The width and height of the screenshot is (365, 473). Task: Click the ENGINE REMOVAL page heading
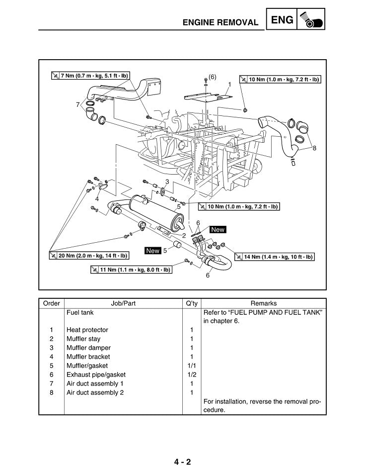pyautogui.click(x=220, y=22)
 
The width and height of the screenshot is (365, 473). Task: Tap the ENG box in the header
pyautogui.click(x=282, y=19)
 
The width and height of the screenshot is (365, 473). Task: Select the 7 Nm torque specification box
pyautogui.click(x=91, y=76)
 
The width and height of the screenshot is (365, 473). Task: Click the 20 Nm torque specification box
pyautogui.click(x=89, y=256)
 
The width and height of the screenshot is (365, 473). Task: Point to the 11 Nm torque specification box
pyautogui.click(x=131, y=270)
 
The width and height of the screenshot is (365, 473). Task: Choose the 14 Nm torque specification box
pyautogui.click(x=274, y=257)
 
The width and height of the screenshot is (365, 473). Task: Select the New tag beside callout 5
pyautogui.click(x=152, y=251)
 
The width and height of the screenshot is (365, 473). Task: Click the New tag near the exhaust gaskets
pyautogui.click(x=218, y=230)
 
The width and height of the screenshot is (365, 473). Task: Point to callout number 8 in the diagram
pyautogui.click(x=314, y=148)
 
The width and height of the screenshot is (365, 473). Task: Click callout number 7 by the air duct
pyautogui.click(x=77, y=104)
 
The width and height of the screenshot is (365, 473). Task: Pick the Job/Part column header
pyautogui.click(x=123, y=303)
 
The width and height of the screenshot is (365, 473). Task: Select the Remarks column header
pyautogui.click(x=264, y=303)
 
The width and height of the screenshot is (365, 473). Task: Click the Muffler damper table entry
pyautogui.click(x=88, y=348)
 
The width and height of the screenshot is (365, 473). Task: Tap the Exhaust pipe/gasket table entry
pyautogui.click(x=96, y=375)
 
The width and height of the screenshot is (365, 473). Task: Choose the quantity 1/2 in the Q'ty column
pyautogui.click(x=192, y=375)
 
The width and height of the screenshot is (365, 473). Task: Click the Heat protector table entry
pyautogui.click(x=87, y=330)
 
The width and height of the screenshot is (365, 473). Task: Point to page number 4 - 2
pyautogui.click(x=182, y=462)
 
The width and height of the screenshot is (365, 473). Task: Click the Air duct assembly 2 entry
pyautogui.click(x=95, y=392)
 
